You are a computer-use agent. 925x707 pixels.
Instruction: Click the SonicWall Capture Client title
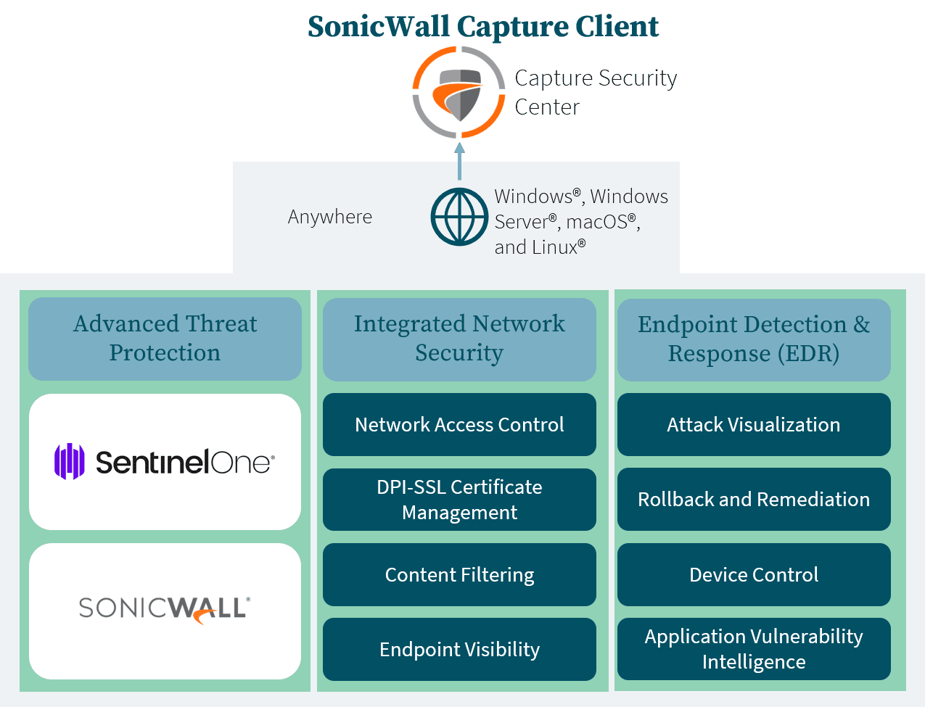(483, 26)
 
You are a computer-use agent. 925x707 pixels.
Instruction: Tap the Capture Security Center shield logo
(457, 91)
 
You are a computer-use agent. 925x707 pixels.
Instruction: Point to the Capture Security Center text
(595, 92)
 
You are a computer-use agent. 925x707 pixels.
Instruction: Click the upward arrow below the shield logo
(459, 161)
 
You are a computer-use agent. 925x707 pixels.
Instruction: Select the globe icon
(459, 217)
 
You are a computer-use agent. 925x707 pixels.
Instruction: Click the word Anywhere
(330, 217)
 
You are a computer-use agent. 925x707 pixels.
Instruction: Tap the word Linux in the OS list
(555, 247)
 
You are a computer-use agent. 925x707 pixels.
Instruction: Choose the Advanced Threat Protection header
(165, 339)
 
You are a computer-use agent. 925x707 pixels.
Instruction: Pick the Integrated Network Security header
(459, 339)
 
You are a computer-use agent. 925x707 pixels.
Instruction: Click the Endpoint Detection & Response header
(754, 339)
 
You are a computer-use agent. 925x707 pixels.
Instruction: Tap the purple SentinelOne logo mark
(70, 461)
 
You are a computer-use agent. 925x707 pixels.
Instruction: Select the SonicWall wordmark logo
(165, 608)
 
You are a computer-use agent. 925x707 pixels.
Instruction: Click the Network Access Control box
(459, 425)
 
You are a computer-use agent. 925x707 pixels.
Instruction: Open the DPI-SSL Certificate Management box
(459, 500)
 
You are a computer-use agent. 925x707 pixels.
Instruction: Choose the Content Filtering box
(459, 575)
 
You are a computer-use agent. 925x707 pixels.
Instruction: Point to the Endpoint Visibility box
(459, 650)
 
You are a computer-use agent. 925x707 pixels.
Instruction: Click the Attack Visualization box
(754, 425)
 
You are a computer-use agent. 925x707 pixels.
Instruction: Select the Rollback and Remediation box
(754, 500)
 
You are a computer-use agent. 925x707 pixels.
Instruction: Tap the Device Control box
(754, 575)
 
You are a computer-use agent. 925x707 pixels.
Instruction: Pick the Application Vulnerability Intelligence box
(754, 650)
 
